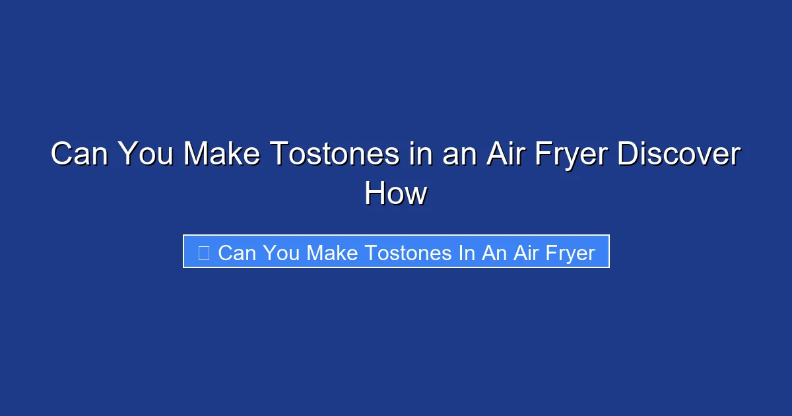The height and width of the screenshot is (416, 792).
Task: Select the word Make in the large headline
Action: [x=221, y=155]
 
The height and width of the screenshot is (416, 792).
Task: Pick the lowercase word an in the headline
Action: [x=454, y=155]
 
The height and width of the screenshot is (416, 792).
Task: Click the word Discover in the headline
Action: [x=679, y=155]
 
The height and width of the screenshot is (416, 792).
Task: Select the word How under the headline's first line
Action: [x=396, y=194]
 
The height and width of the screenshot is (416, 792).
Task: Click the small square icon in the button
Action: [x=204, y=252]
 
